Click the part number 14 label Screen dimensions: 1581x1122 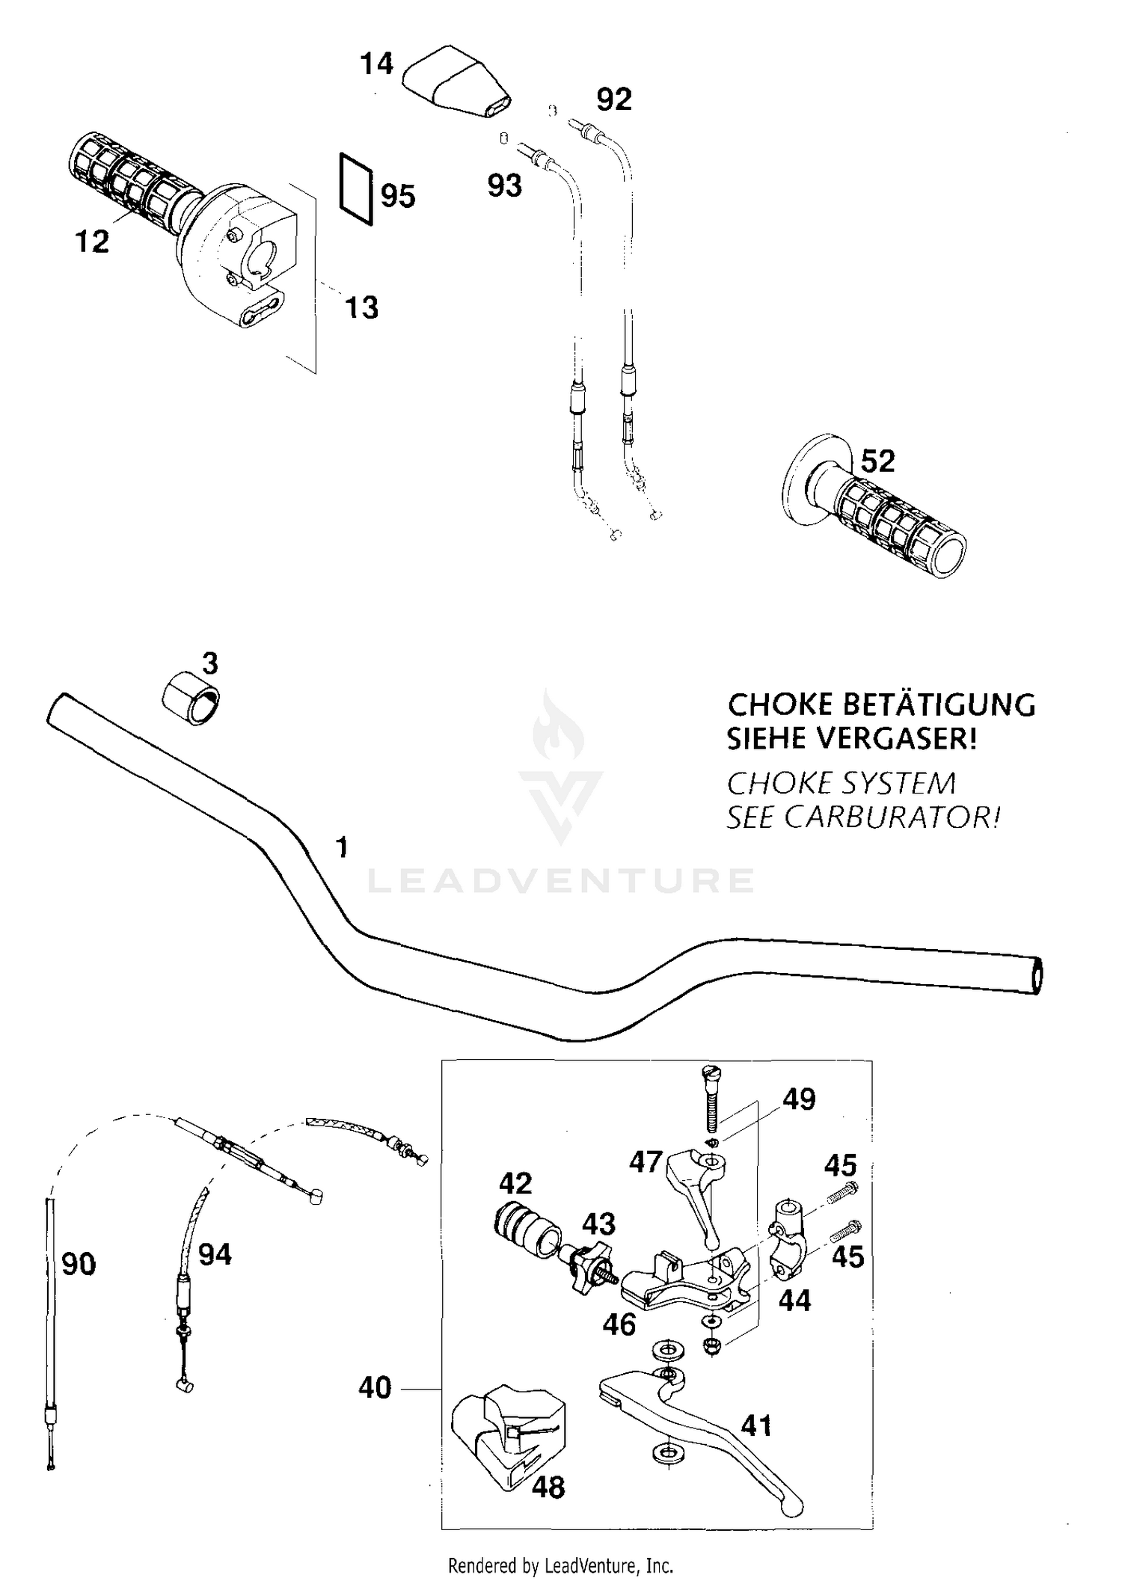tap(376, 64)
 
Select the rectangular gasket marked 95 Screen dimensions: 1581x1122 tap(357, 188)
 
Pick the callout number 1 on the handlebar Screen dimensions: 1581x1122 tap(342, 848)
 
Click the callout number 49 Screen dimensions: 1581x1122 tap(798, 1099)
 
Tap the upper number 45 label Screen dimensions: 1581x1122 tap(840, 1166)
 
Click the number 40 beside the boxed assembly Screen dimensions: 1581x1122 tap(375, 1388)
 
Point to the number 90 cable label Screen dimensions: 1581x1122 tap(79, 1265)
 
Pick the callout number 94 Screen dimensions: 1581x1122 tap(215, 1254)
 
